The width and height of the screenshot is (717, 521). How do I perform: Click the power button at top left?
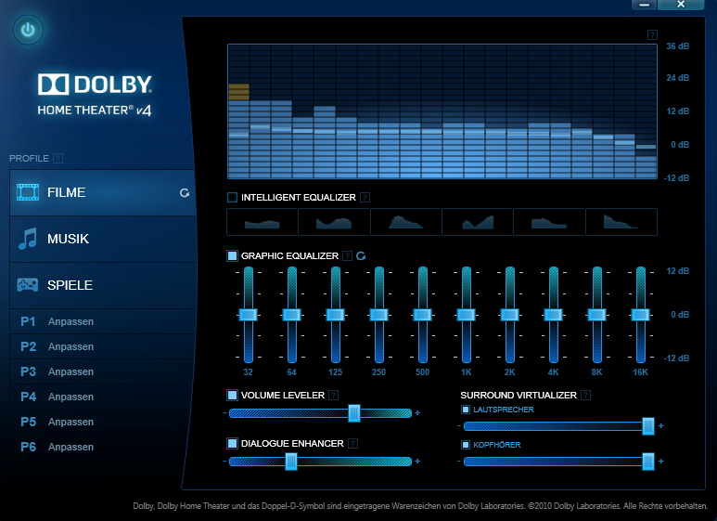tap(29, 30)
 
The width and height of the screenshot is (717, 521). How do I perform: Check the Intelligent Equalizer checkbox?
tap(232, 197)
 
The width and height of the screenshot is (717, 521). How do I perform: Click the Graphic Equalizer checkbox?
tap(232, 255)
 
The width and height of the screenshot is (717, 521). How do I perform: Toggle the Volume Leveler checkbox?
tap(232, 395)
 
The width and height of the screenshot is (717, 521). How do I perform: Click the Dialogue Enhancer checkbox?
tap(232, 443)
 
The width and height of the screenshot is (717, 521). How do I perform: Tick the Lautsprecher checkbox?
tap(466, 409)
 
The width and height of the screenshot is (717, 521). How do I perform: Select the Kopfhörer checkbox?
tap(466, 445)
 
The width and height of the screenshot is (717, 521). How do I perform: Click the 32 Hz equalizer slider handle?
tap(248, 315)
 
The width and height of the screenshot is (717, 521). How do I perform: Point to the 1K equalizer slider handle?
tap(466, 315)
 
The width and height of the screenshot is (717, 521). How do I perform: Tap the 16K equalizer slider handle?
tap(640, 315)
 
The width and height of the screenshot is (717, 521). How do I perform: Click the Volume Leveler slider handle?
tap(354, 413)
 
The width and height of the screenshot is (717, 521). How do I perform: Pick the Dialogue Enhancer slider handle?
tap(291, 462)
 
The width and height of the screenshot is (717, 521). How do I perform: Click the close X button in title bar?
tap(681, 5)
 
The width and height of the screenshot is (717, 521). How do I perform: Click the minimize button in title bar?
tap(644, 5)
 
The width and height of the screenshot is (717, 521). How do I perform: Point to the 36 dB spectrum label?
tap(677, 46)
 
